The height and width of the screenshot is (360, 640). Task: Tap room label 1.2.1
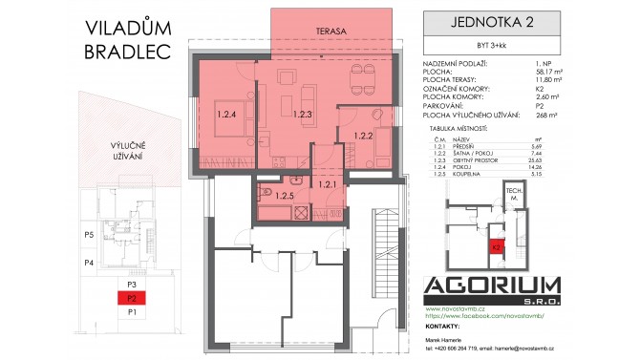pos(326,183)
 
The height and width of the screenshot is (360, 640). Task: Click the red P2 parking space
pos(134,298)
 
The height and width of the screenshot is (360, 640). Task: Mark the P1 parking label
pos(134,311)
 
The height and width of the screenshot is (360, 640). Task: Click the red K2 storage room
pos(496,245)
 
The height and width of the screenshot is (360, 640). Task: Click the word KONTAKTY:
pos(439,327)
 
